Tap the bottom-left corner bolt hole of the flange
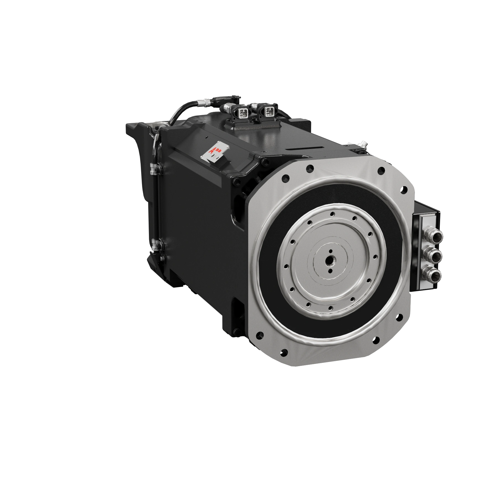[284, 353]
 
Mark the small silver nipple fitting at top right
[362, 144]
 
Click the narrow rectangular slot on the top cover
[304, 149]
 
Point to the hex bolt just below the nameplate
[235, 182]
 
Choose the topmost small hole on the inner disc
[332, 214]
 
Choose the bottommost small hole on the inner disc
[330, 308]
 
